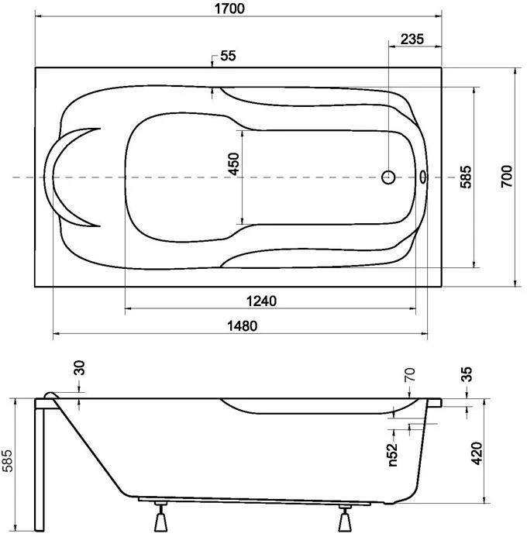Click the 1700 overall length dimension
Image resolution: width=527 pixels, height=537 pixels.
pyautogui.click(x=229, y=9)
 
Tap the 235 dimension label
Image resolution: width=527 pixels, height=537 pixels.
pyautogui.click(x=412, y=39)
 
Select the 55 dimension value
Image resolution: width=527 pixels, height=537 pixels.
pyautogui.click(x=228, y=56)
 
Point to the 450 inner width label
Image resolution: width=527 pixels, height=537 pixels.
pyautogui.click(x=233, y=164)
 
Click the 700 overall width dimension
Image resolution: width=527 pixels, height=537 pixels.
pyautogui.click(x=506, y=176)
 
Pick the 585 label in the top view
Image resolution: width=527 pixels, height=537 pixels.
pyautogui.click(x=466, y=177)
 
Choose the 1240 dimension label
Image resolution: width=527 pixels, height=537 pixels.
pyautogui.click(x=261, y=301)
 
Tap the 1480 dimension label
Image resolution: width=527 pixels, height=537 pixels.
pyautogui.click(x=242, y=325)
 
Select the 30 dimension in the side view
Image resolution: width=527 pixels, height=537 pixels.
pyautogui.click(x=79, y=367)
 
